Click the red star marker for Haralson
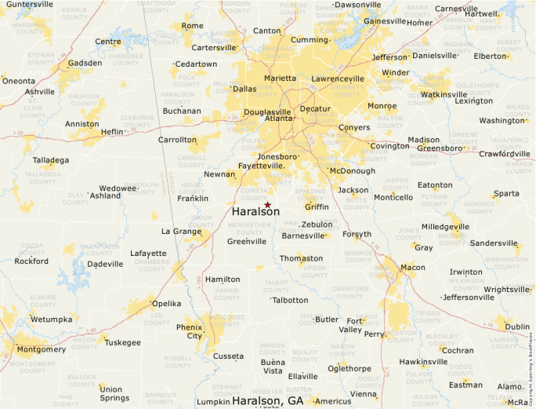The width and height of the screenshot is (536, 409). coord(267,204)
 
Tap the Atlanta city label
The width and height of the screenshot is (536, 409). coord(278,119)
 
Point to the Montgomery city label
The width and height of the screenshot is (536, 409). coord(41,349)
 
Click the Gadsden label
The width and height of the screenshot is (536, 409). coord(85,63)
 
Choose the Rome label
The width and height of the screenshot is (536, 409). coord(192,26)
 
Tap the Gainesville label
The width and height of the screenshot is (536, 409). coord(385,20)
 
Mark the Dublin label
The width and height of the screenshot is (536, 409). coord(517,327)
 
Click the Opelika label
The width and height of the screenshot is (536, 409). coord(166,303)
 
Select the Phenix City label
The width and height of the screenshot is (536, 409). coord(190,330)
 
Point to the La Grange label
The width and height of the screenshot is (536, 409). coord(181,232)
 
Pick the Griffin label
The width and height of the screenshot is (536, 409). coord(317,207)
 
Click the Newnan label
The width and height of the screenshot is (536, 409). coord(219,174)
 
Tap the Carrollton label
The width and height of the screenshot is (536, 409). coord(178,140)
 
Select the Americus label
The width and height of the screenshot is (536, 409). coord(333,401)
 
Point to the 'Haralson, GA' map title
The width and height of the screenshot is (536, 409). coord(268,400)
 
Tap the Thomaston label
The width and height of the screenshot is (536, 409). coord(301,258)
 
